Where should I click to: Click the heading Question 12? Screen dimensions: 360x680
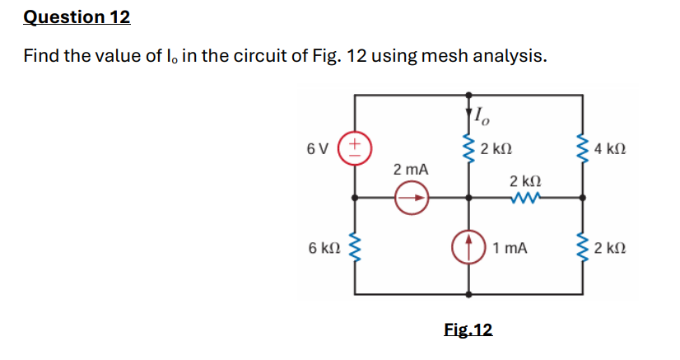click(77, 17)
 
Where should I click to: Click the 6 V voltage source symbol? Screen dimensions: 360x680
click(356, 149)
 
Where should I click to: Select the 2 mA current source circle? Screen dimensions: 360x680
click(411, 198)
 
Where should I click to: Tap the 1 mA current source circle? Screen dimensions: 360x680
click(470, 246)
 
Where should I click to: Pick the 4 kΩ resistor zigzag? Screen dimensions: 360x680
click(584, 149)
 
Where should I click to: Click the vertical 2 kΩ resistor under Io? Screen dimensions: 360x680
click(470, 149)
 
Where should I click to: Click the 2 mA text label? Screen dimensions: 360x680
click(411, 169)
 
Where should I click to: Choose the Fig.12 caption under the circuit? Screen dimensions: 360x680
click(468, 330)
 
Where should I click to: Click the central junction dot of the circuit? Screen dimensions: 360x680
click(470, 198)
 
